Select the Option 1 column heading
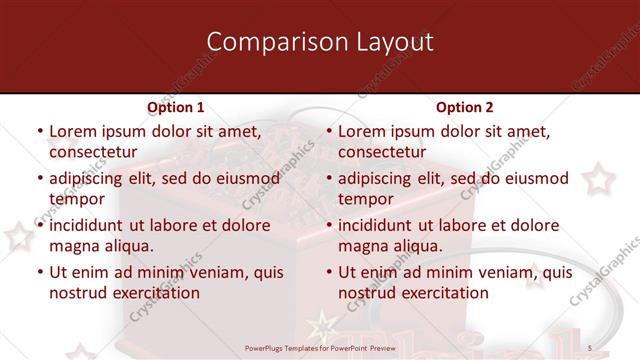tap(175, 107)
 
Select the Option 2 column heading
tap(464, 107)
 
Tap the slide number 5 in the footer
tap(590, 347)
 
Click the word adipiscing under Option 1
tap(92, 179)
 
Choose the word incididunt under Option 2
tap(382, 225)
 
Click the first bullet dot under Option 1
tap(39, 132)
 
